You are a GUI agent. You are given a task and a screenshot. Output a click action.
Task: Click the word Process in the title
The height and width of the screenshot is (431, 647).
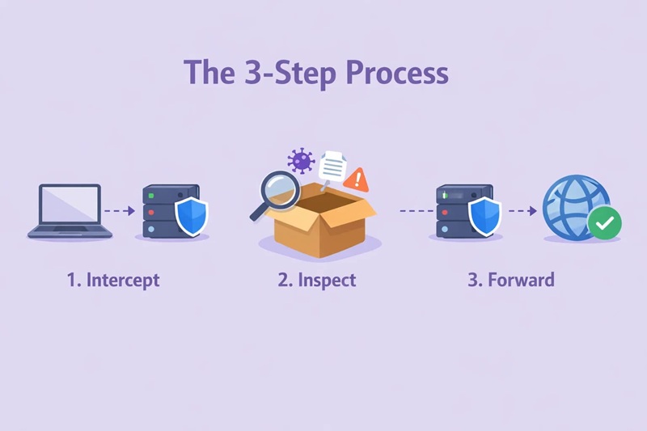tap(396, 73)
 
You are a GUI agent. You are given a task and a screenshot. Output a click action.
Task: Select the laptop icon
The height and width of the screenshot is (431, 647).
tap(70, 211)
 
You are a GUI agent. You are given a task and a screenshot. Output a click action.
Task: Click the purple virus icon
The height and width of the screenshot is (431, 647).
tap(301, 160)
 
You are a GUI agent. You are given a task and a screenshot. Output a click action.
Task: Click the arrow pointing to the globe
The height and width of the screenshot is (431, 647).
tap(522, 211)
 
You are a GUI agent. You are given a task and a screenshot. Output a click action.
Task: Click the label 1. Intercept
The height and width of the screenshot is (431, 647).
tap(113, 281)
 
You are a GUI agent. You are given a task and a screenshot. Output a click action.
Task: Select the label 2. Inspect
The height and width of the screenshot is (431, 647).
tap(317, 281)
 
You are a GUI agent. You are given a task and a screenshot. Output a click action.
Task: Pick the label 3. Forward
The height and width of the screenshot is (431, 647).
tap(511, 281)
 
